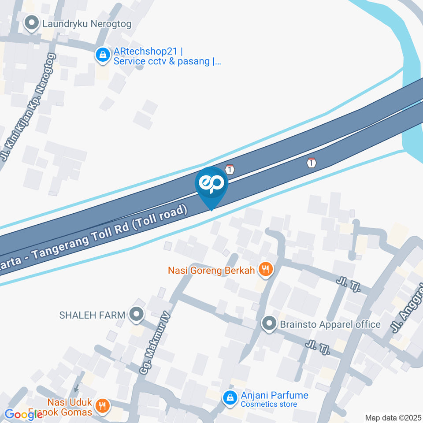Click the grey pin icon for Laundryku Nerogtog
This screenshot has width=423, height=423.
point(31,23)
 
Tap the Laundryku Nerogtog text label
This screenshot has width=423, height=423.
point(87,24)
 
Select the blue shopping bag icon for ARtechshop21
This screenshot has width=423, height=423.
point(103,56)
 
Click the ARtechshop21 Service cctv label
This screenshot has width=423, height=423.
point(167,56)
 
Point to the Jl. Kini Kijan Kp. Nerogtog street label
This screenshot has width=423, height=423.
point(29,107)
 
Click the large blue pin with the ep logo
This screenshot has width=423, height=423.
point(212,185)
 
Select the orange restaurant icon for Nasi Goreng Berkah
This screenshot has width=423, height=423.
point(265,269)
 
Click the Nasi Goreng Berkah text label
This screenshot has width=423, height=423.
point(211,270)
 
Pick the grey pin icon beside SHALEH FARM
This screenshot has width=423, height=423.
point(137,314)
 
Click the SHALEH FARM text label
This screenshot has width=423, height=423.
point(92,315)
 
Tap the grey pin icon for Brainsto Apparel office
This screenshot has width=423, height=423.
point(268,324)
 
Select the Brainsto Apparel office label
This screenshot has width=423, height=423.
point(330,325)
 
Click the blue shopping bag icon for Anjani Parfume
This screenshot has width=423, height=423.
point(229,397)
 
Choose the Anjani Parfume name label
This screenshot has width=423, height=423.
point(274,395)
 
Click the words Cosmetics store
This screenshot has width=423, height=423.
point(269,404)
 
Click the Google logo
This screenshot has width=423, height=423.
point(23,415)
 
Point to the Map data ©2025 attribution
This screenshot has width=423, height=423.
point(393,418)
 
